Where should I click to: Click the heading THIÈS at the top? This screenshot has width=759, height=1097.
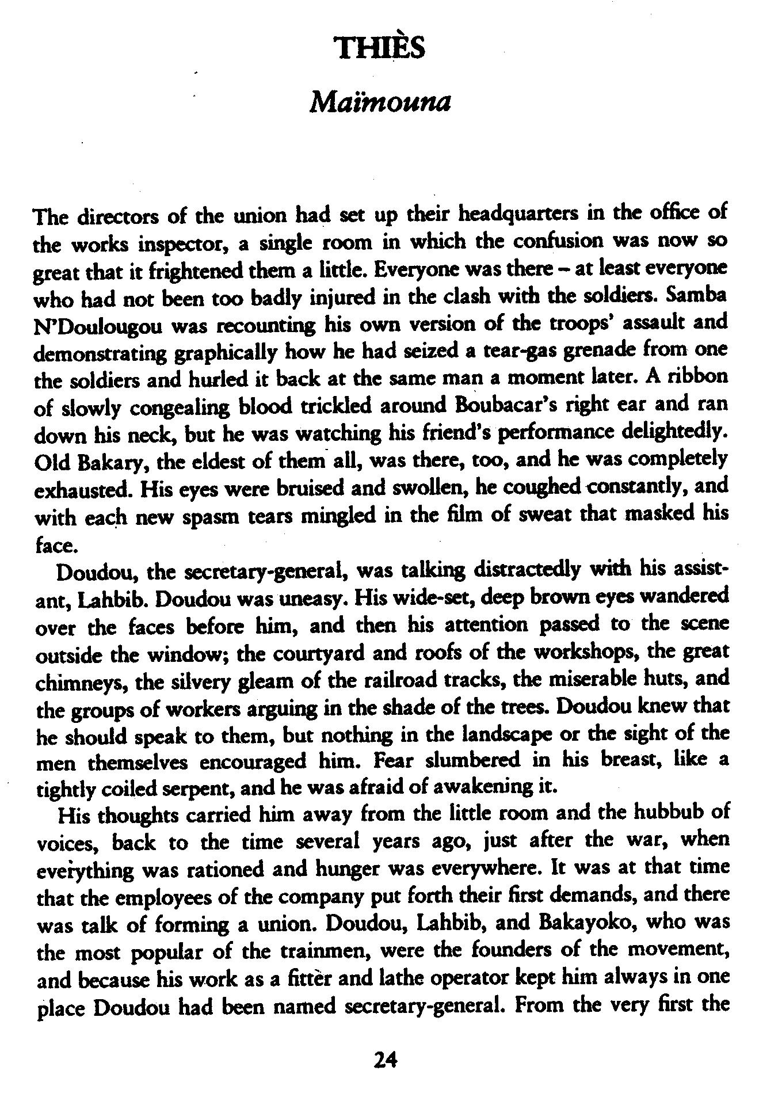(x=380, y=47)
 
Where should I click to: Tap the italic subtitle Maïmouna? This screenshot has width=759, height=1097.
(x=379, y=104)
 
